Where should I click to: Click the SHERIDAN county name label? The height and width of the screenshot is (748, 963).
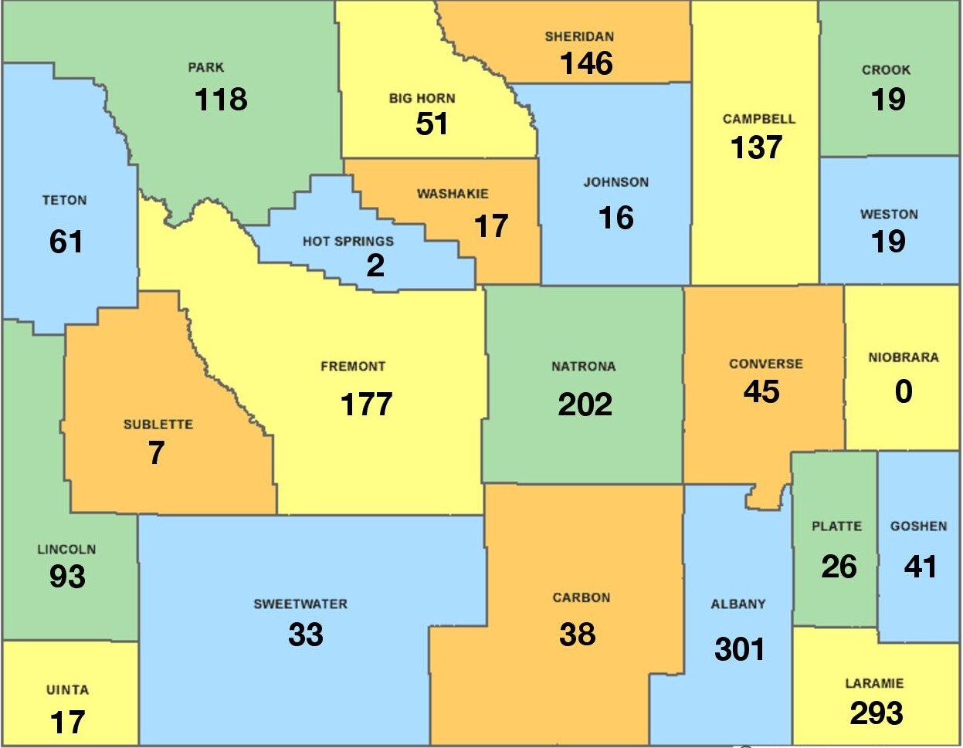click(579, 36)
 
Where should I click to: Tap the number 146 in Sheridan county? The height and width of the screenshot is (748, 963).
click(586, 64)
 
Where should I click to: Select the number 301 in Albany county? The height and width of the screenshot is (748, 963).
click(739, 649)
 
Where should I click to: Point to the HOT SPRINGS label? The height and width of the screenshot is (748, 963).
click(348, 242)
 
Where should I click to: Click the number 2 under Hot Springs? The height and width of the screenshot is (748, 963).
click(375, 266)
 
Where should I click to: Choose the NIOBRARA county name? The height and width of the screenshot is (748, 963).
click(903, 357)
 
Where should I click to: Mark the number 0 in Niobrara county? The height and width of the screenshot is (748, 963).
click(903, 391)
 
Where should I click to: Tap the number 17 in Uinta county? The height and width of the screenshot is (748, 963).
click(67, 723)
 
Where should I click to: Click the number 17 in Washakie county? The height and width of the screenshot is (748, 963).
click(490, 226)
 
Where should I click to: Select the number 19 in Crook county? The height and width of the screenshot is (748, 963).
click(887, 100)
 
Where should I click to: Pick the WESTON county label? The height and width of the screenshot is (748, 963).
click(889, 215)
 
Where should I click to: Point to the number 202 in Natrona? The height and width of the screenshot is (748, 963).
click(585, 404)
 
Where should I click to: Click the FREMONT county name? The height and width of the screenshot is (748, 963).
click(353, 367)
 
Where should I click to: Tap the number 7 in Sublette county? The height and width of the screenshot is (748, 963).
click(157, 453)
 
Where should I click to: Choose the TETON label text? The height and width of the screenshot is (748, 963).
click(64, 201)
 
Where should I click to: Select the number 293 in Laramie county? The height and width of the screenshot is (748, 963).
click(876, 713)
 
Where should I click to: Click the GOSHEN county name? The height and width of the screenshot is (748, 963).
click(918, 526)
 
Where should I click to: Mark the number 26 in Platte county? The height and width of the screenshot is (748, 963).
click(839, 567)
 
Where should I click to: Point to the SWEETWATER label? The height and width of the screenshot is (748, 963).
click(300, 604)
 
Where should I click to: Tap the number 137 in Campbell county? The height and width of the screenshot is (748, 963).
click(756, 147)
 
